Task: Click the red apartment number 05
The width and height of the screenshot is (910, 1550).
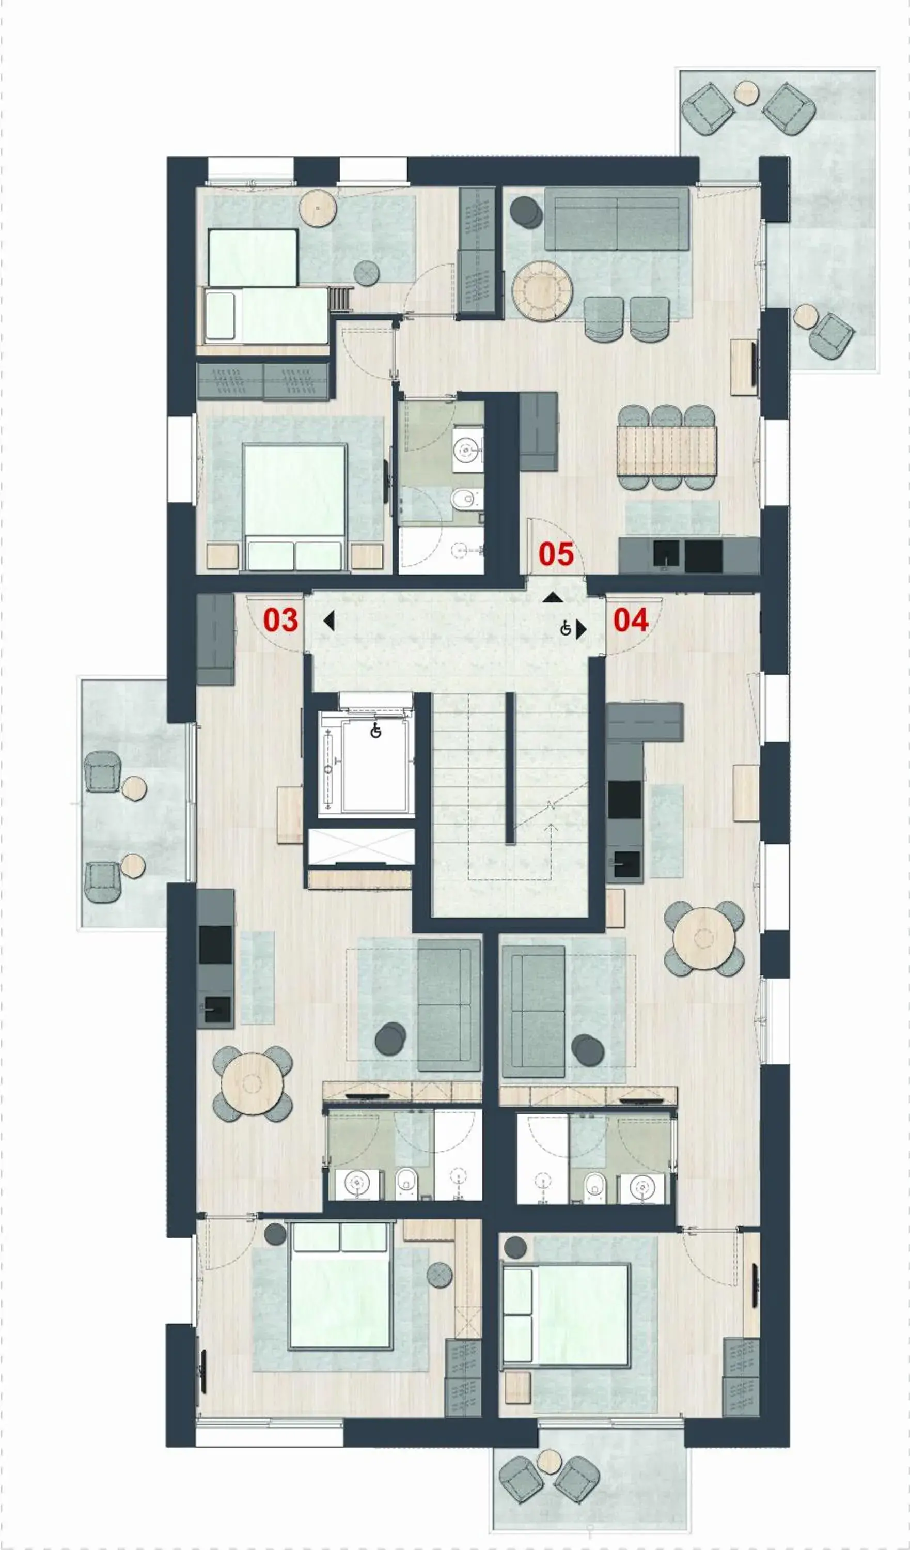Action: [556, 554]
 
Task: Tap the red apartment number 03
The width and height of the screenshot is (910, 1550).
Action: [280, 620]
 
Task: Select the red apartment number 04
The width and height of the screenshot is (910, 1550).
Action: [630, 620]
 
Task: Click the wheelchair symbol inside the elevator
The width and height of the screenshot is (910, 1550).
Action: [375, 731]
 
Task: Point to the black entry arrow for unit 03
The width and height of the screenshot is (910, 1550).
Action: [329, 621]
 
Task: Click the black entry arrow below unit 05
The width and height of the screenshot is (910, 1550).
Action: [553, 597]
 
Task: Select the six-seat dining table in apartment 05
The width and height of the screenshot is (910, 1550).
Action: [667, 451]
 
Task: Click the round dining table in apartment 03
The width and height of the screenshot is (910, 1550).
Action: [252, 1084]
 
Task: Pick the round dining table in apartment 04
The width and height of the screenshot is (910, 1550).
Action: [704, 939]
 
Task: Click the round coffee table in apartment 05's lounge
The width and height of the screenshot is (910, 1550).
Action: [542, 290]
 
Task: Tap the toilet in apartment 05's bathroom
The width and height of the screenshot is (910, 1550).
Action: [466, 499]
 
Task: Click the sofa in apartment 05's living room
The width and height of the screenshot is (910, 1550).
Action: [616, 220]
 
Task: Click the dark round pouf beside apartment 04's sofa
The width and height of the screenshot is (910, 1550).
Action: [587, 1050]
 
